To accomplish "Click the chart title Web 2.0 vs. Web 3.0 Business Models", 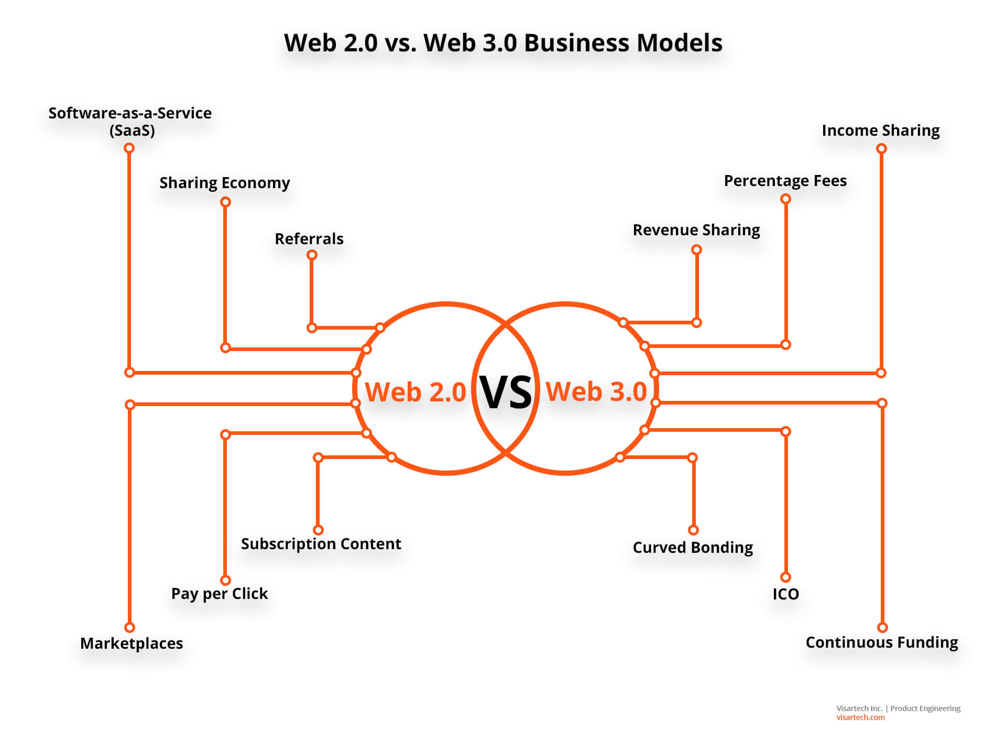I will (x=503, y=43).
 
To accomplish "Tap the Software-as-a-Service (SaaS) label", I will (x=130, y=121).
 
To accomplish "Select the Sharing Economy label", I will (x=224, y=183).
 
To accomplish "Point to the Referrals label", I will (x=309, y=239).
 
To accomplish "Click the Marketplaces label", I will (x=132, y=643).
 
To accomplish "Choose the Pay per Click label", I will (x=220, y=594).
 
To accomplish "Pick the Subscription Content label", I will (x=321, y=544).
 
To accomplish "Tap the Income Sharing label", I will (x=880, y=130).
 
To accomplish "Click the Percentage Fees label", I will (x=785, y=181).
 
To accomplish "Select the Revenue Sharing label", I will (x=696, y=230).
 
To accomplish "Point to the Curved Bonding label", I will (x=693, y=548).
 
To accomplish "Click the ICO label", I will (x=785, y=594).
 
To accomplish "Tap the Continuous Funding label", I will (x=881, y=642).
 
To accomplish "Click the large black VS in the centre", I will (x=506, y=392).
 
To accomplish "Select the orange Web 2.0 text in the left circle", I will (x=415, y=392).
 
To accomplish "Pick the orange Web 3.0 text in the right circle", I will (x=596, y=391).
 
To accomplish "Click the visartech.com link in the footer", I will (x=860, y=717).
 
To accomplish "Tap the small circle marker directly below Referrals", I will (x=312, y=255).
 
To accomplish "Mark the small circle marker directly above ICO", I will (x=785, y=577).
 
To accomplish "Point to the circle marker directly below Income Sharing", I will (x=881, y=149).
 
